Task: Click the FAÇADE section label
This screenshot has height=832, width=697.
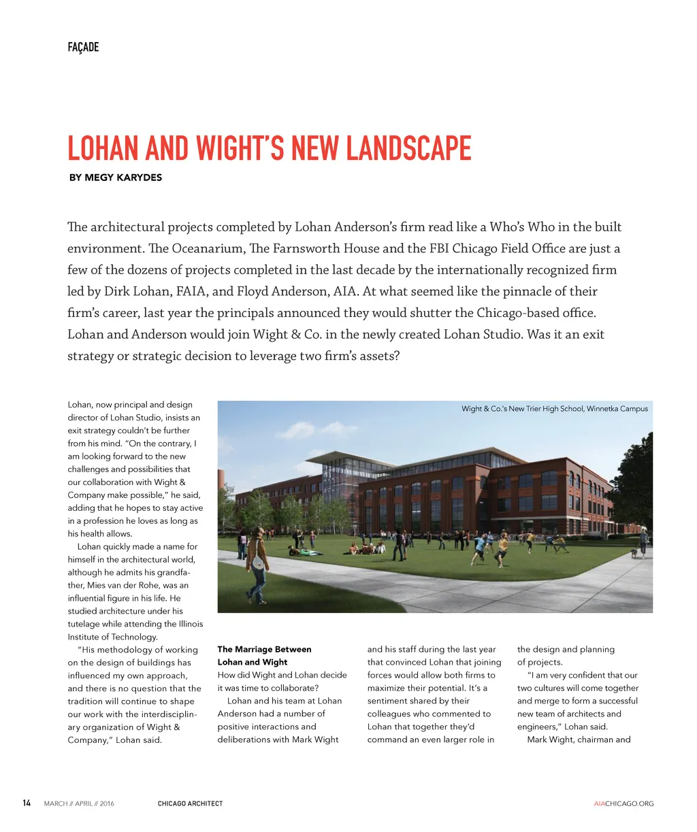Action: (83, 47)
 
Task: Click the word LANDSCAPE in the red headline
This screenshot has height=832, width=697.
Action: (408, 148)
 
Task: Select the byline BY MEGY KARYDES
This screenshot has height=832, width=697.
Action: (116, 178)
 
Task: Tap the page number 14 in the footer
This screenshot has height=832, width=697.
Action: (27, 803)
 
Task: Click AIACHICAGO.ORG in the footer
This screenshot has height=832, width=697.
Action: (623, 803)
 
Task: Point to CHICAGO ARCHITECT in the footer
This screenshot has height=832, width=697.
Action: (190, 803)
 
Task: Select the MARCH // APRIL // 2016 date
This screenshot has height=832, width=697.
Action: (79, 803)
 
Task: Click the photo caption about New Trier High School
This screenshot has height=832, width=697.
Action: (554, 409)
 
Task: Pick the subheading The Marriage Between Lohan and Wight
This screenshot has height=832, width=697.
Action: (264, 656)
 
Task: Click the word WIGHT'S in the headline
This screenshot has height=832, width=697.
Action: (241, 148)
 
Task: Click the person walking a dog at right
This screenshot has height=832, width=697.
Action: (642, 543)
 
